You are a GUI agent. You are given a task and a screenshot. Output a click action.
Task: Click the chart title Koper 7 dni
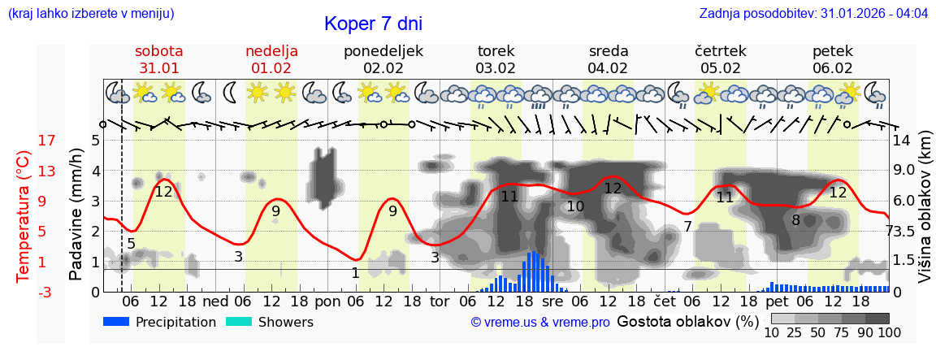point(373,24)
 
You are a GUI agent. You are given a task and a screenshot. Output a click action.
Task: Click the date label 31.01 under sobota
point(158,68)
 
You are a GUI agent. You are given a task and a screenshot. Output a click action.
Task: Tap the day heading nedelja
point(271,51)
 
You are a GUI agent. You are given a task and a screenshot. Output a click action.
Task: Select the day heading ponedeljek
point(383,51)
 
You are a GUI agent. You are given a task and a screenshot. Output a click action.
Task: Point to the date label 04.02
point(608,68)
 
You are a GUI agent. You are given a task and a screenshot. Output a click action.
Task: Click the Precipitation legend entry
point(160,322)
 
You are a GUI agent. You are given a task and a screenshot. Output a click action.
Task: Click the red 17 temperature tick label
point(24,141)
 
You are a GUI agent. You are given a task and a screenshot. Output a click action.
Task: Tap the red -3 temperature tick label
point(24,292)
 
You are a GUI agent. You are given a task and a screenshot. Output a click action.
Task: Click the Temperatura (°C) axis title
point(24,216)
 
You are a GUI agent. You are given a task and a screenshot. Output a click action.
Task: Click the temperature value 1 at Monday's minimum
point(355,273)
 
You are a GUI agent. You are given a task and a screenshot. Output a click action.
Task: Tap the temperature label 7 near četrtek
point(687,227)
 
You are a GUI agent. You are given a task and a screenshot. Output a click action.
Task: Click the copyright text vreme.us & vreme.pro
point(539,323)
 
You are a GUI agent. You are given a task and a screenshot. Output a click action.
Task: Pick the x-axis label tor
point(440,301)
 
